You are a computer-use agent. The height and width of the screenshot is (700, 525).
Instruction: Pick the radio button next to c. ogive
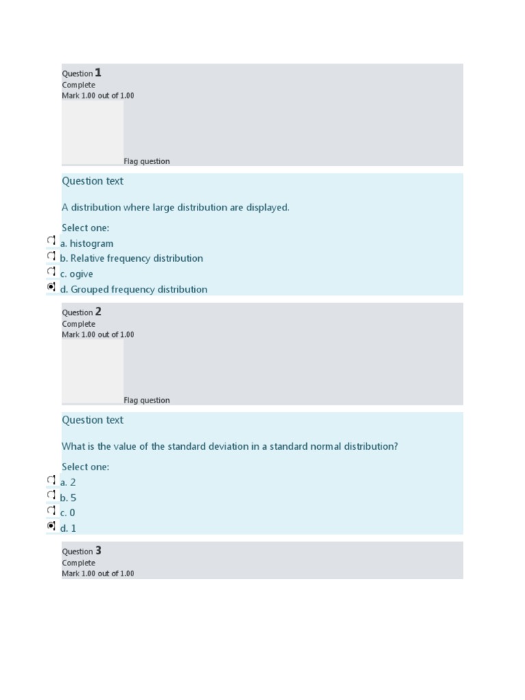click(x=51, y=271)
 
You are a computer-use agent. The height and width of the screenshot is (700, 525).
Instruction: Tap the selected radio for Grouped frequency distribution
click(x=51, y=287)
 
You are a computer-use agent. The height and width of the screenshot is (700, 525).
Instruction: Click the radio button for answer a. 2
click(x=51, y=480)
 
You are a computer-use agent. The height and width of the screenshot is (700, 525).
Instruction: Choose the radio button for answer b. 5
click(x=51, y=495)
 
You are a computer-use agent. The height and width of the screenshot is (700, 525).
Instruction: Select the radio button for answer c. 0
click(x=51, y=511)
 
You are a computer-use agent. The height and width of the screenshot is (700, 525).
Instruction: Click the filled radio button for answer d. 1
click(x=51, y=526)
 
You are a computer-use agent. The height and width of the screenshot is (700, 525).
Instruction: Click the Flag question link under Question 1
click(x=146, y=161)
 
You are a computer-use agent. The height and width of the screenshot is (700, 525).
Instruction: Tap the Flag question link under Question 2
click(x=146, y=401)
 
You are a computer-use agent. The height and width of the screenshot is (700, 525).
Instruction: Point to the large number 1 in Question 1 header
click(x=98, y=72)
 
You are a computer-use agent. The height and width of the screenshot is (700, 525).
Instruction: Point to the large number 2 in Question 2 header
click(x=98, y=312)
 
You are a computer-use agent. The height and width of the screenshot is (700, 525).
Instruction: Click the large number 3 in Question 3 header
click(x=98, y=550)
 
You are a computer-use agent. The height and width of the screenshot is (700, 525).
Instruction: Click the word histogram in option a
click(x=92, y=243)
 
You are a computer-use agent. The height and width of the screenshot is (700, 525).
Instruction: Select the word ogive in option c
click(x=81, y=274)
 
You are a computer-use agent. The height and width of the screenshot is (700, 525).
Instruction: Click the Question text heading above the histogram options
click(x=92, y=181)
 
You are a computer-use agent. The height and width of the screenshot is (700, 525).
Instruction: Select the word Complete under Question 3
click(x=79, y=563)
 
